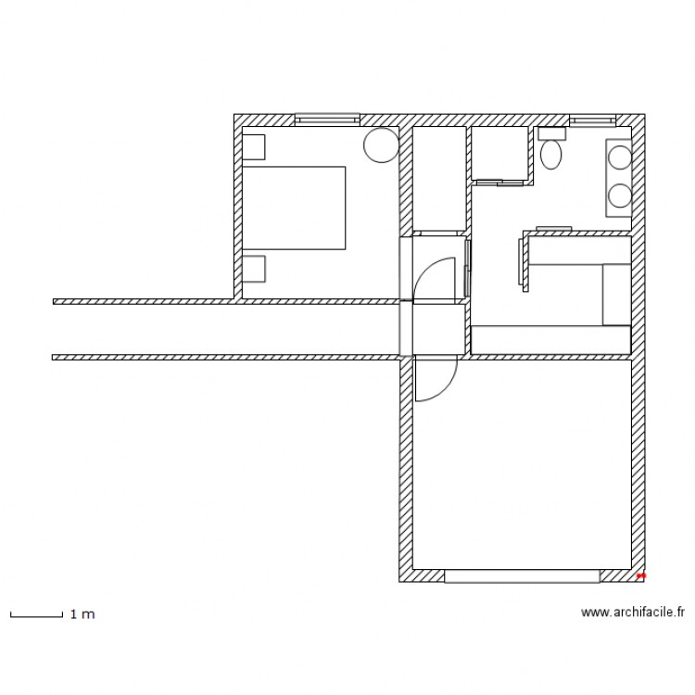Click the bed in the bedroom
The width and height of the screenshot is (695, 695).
point(294,208)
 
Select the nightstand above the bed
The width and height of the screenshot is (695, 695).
point(253,147)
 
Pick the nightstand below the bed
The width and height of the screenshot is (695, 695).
point(253,268)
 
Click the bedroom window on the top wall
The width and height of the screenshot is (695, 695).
point(326,119)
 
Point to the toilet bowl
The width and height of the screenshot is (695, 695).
point(551,154)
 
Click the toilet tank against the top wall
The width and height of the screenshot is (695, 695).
point(551,133)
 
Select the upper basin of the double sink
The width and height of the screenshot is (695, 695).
point(619,158)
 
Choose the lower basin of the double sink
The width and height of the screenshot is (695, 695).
point(619,195)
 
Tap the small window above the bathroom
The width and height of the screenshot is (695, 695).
point(592,119)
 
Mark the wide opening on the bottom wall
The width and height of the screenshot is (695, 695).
point(522,575)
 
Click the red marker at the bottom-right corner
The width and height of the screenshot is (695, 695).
point(641,575)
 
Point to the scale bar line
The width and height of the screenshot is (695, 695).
point(36,614)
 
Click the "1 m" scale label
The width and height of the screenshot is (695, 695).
point(82,613)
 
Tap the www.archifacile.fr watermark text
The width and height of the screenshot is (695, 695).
point(632,612)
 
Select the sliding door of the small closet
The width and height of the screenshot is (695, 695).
point(500,182)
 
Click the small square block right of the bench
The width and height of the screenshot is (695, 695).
point(616,295)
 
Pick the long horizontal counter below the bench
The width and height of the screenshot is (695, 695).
point(550,340)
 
